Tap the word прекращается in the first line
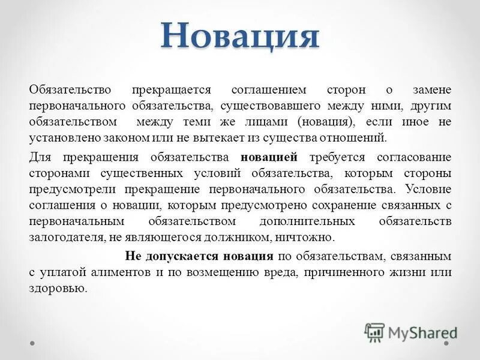click(x=173, y=90)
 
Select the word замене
click(x=431, y=90)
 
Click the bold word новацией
click(x=269, y=158)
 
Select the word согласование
click(x=413, y=158)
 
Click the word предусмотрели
click(x=71, y=190)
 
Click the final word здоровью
click(x=58, y=287)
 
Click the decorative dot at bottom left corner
click(x=34, y=344)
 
